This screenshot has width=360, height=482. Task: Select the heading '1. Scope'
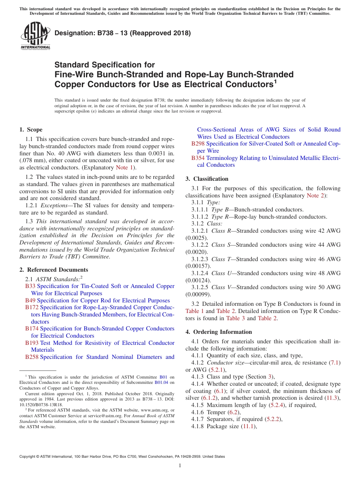[x=31, y=130]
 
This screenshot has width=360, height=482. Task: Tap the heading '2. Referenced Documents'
[x=53, y=270]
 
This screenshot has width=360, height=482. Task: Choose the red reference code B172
[x=32, y=307]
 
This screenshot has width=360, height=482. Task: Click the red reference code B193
[x=32, y=343]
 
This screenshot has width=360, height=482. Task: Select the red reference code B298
[x=198, y=144]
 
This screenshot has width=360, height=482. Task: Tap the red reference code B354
[x=198, y=158]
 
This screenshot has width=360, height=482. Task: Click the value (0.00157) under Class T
[x=197, y=266]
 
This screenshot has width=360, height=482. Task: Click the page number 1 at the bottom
[x=180, y=466]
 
